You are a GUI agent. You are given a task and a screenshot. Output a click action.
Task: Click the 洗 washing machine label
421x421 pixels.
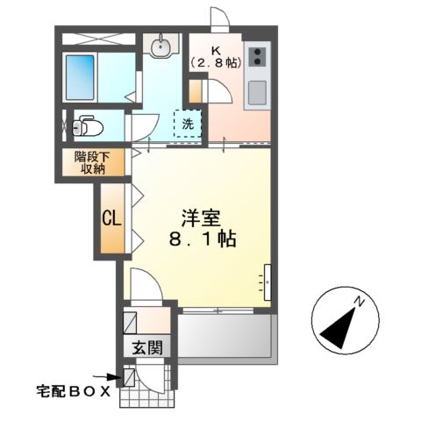tap(189, 124)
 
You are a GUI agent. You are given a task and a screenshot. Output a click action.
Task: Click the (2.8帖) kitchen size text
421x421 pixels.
tap(215, 63)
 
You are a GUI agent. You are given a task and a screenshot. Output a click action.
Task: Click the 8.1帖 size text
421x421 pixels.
tap(203, 239)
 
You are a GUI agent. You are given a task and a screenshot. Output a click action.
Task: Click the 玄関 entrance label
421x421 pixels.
tap(148, 347)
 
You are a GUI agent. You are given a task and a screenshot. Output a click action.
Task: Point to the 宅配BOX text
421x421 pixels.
tap(73, 391)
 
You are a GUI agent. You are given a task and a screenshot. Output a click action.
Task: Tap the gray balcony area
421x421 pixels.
tap(226, 334)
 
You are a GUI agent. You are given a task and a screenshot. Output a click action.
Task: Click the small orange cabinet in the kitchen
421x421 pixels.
tap(196, 89)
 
